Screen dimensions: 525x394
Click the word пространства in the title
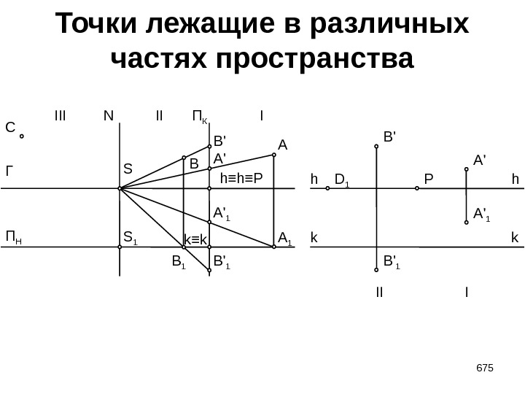coord(315,58)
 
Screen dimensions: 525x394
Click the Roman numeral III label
coord(60,115)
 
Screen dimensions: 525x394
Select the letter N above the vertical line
coord(109,115)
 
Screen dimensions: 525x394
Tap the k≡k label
coord(195,239)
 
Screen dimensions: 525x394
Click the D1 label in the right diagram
coord(342,179)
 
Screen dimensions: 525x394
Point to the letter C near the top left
coord(9,128)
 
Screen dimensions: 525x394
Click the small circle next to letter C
coord(22,136)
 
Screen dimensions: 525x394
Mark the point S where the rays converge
coord(120,188)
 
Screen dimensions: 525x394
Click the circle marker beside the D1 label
coord(328,188)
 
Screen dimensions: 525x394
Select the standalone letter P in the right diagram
coord(428,179)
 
